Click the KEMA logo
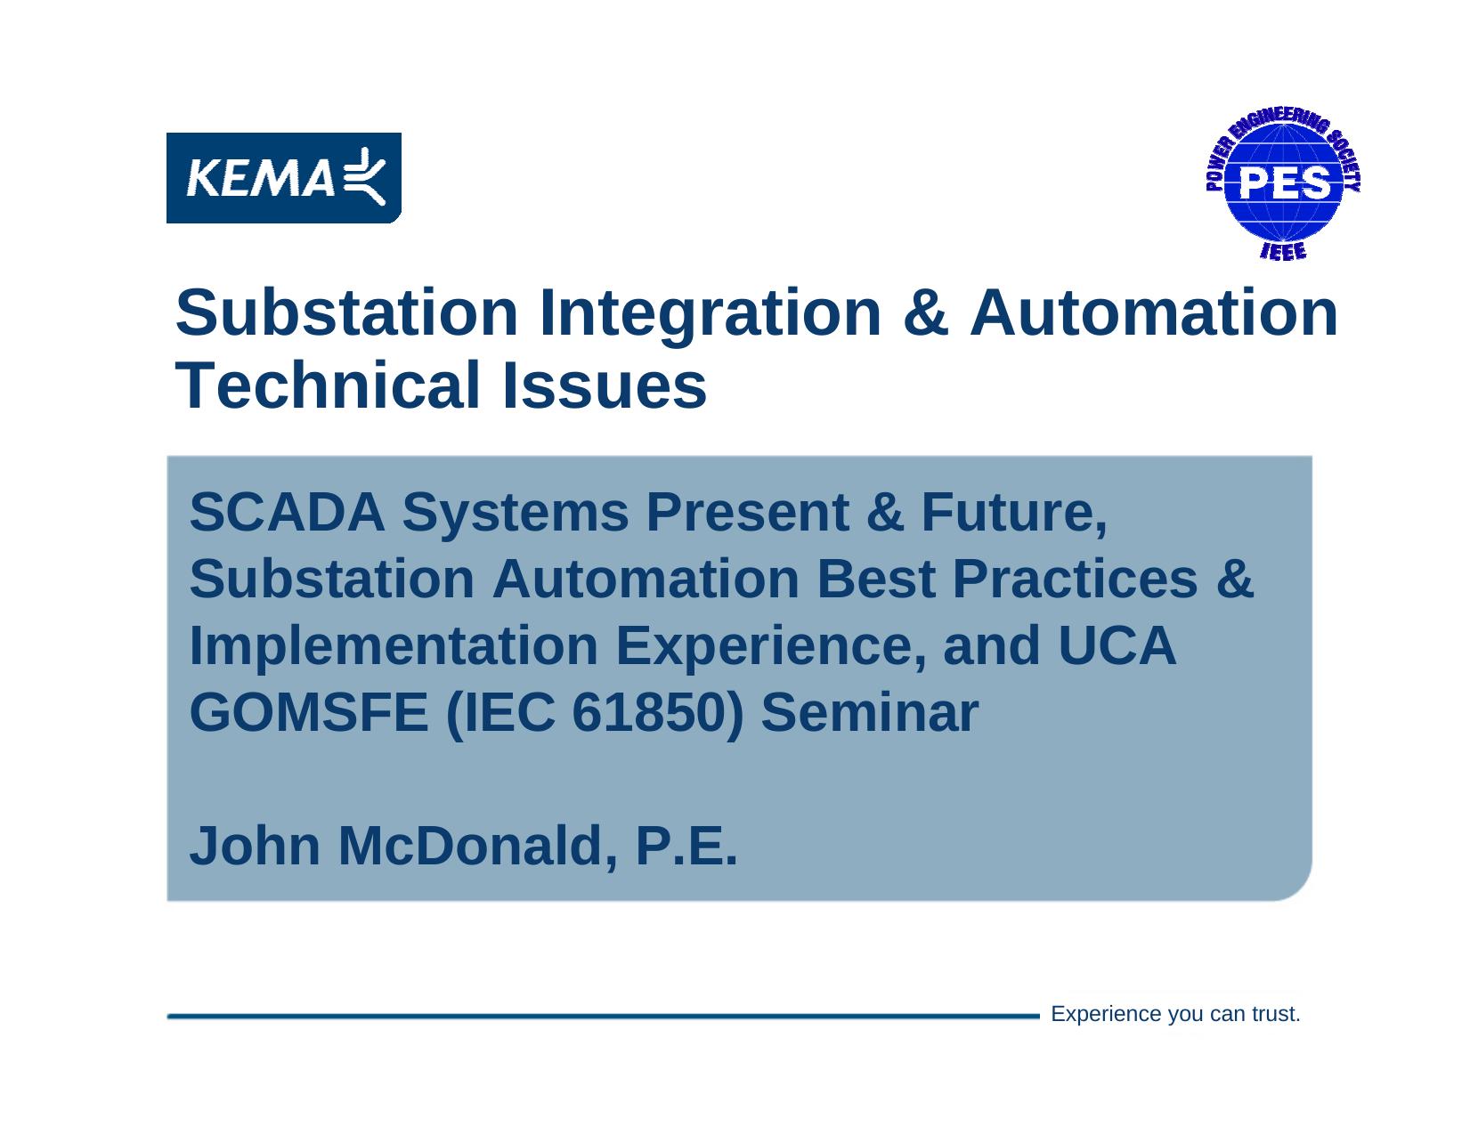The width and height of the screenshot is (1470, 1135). [x=283, y=178]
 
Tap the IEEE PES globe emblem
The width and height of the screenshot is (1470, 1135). [x=1283, y=183]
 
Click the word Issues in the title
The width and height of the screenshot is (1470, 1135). [x=604, y=385]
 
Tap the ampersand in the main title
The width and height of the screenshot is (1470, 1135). [x=925, y=312]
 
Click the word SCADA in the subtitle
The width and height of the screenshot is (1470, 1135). [x=288, y=512]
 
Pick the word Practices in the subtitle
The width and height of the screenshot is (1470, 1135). [x=1075, y=579]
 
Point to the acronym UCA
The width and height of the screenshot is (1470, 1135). [x=1117, y=645]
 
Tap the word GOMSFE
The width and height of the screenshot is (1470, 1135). [x=309, y=712]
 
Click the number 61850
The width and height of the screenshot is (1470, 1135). [x=649, y=712]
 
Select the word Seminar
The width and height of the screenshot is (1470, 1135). [x=869, y=712]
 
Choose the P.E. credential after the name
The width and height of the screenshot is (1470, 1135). [x=686, y=846]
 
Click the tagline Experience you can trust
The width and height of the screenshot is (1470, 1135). [x=1175, y=1014]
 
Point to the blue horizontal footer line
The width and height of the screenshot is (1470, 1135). [x=604, y=1016]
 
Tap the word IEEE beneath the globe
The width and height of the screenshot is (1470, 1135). [x=1283, y=251]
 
